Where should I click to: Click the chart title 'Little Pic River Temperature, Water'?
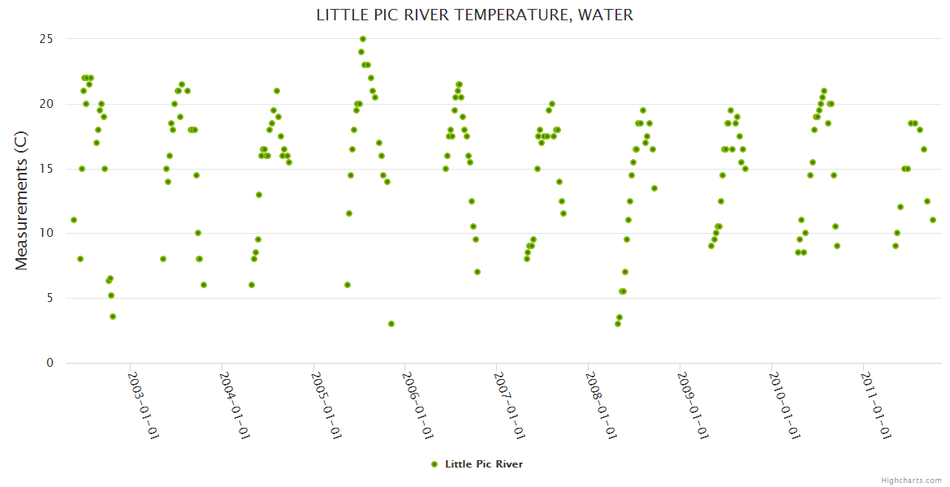[474, 15]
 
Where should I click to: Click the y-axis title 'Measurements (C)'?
[22, 201]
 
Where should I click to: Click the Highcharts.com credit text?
[911, 481]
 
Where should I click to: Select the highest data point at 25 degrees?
[363, 39]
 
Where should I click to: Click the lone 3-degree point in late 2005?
[391, 324]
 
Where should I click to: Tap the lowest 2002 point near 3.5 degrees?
[113, 317]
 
